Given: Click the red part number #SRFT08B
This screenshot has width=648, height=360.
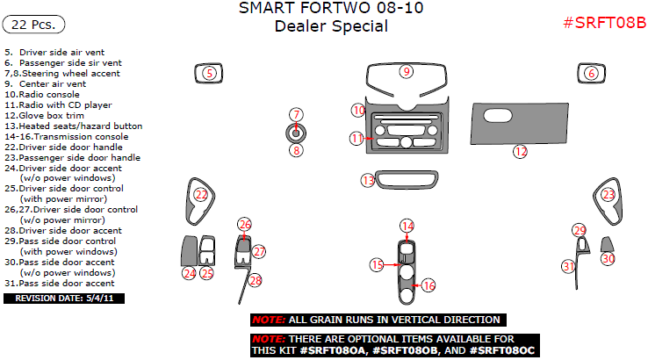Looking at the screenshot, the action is click(x=605, y=23).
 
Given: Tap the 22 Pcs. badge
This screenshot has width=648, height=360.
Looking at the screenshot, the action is click(x=33, y=25).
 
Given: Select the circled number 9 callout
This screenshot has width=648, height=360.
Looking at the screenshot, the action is click(x=407, y=71).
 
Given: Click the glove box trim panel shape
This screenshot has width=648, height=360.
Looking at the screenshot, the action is click(x=519, y=124).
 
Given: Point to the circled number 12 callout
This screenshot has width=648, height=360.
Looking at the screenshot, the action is click(x=521, y=152).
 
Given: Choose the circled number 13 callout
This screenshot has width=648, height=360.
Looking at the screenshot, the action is click(x=368, y=180).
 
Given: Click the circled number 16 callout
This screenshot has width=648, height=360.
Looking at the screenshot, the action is click(x=428, y=285).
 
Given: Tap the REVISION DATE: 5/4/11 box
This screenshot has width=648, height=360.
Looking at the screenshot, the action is click(x=64, y=299).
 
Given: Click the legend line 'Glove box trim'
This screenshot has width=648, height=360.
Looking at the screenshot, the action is click(x=44, y=116).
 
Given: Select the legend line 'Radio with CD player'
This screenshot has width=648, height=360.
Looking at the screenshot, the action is click(x=58, y=105).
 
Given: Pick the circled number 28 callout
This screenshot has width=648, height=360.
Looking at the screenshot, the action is click(x=256, y=281).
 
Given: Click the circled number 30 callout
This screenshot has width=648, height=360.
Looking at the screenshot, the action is click(x=608, y=259).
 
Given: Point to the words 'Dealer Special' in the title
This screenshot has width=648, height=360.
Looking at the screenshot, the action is click(x=331, y=26).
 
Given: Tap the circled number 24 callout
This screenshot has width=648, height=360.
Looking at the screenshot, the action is click(x=190, y=273).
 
